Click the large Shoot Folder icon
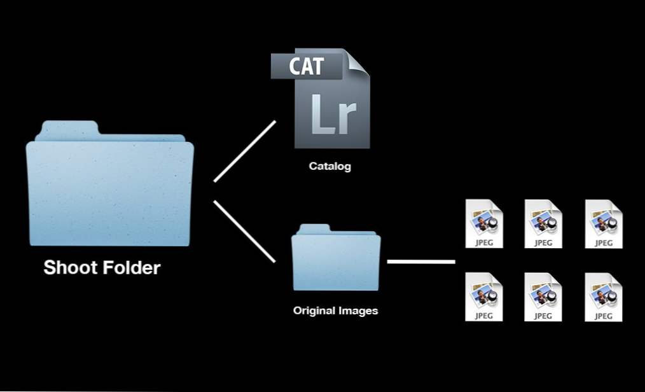click(x=110, y=183)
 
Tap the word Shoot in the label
click(x=70, y=267)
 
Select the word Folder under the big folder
click(x=131, y=267)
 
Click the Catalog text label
click(x=330, y=166)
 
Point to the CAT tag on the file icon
click(x=307, y=66)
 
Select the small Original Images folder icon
click(x=336, y=258)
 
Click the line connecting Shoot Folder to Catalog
click(x=245, y=151)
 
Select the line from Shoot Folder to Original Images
click(x=244, y=231)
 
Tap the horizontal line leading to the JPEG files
click(x=421, y=261)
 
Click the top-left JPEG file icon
click(x=484, y=224)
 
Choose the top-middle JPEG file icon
click(x=543, y=224)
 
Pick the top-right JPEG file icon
click(x=604, y=224)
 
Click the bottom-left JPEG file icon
click(x=484, y=297)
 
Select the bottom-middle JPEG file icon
click(x=543, y=297)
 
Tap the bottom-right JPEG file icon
click(x=604, y=297)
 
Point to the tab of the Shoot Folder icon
click(x=68, y=129)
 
